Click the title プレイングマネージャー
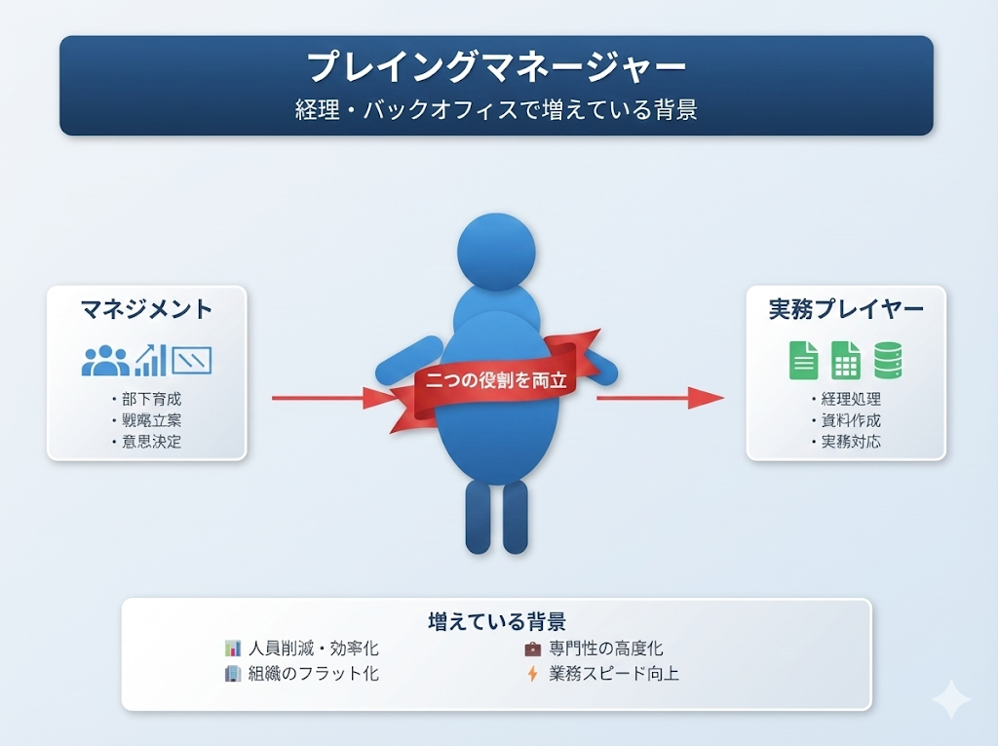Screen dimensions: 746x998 point(496,68)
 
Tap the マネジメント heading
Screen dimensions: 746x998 point(147,310)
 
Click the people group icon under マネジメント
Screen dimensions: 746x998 point(105,361)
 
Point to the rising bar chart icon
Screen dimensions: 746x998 point(150,360)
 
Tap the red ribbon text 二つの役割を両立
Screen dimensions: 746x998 point(496,380)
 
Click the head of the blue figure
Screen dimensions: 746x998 point(496,252)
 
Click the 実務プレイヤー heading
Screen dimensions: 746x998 point(846,310)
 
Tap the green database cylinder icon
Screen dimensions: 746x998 point(888,360)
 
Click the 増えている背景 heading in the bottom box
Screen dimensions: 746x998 point(497,621)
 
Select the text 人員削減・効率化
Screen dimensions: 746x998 point(313,648)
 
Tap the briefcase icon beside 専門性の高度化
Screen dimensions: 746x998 point(532,648)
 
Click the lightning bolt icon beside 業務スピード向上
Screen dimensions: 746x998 point(532,673)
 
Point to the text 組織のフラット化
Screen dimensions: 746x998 point(313,673)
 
